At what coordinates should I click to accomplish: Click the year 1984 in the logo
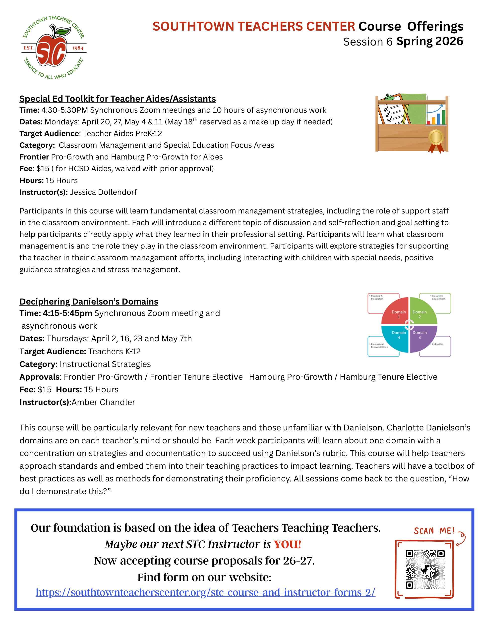[78, 48]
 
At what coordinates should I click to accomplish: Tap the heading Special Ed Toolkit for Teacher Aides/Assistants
[118, 99]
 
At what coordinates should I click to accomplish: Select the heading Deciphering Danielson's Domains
[89, 301]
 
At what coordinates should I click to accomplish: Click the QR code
[425, 569]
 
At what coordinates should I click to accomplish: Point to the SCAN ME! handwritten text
[434, 531]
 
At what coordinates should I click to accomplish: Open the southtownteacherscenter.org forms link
[205, 592]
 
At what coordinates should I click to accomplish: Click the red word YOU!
[287, 545]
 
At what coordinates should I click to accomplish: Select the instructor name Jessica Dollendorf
[103, 192]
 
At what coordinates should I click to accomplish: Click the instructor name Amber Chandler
[103, 402]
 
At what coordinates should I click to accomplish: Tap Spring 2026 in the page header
[429, 41]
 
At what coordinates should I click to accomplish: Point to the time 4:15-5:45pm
[67, 313]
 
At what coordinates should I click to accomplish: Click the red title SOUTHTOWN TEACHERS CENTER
[254, 26]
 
